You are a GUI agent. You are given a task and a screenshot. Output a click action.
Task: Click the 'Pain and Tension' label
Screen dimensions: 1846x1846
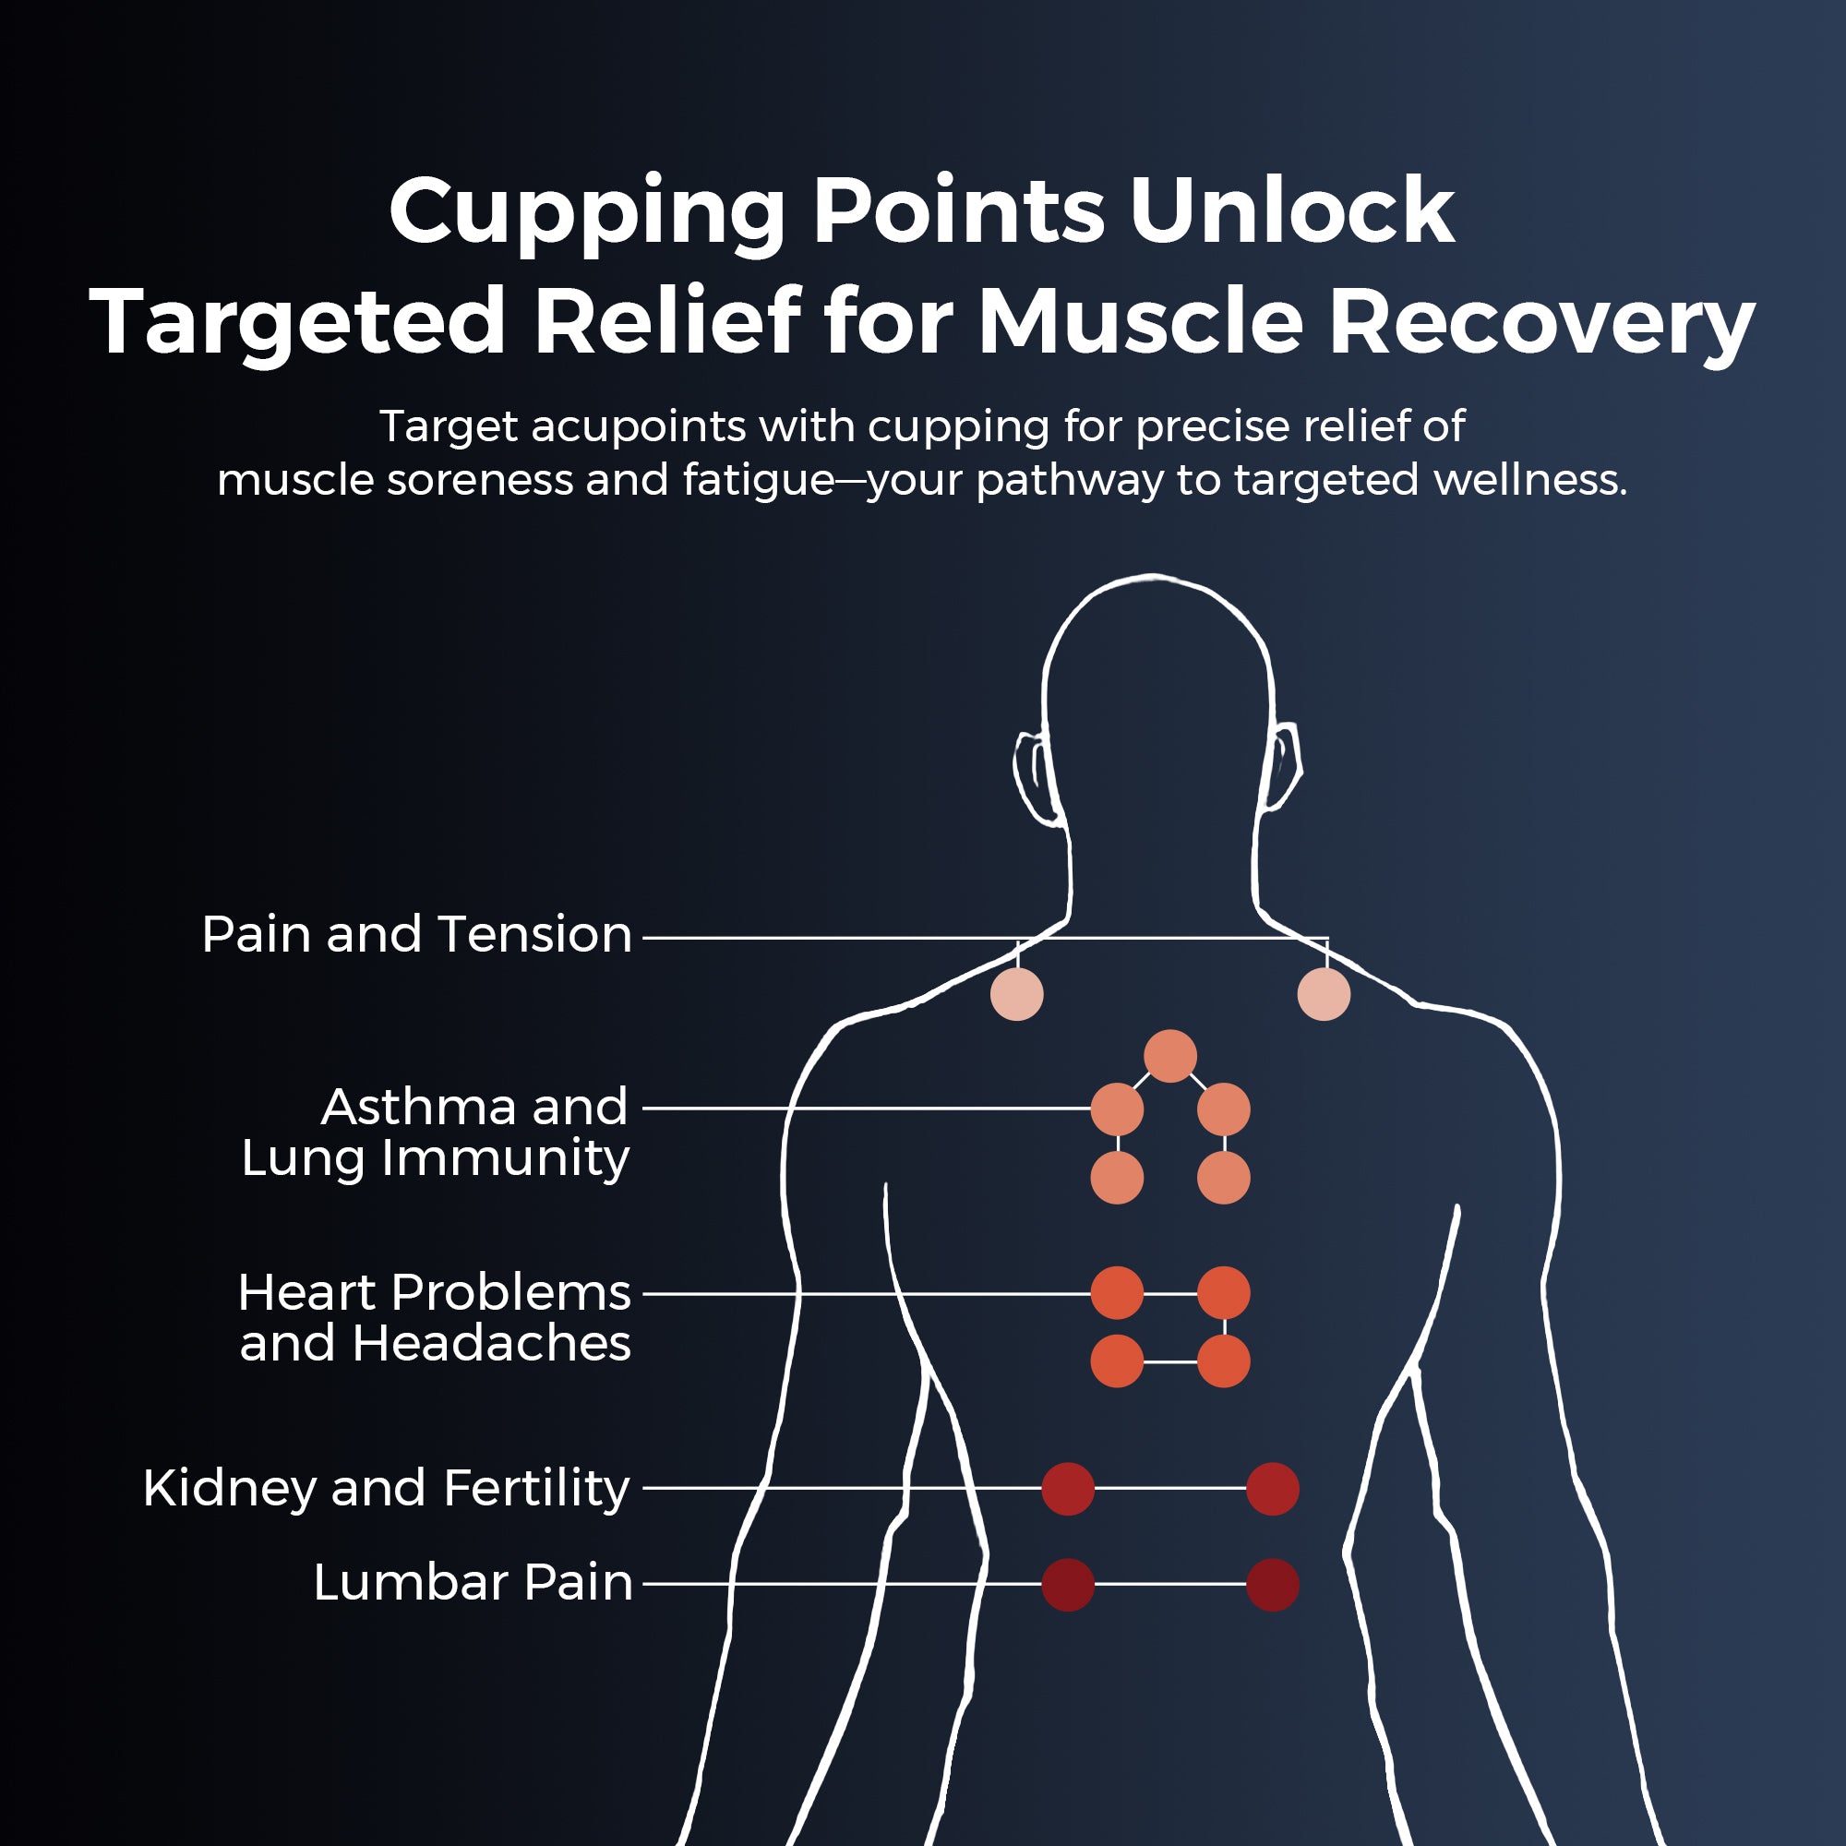[416, 934]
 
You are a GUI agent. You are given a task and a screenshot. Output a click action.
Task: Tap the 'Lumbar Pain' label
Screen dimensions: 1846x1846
[473, 1583]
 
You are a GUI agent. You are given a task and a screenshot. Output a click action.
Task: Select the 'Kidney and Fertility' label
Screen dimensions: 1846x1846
[386, 1489]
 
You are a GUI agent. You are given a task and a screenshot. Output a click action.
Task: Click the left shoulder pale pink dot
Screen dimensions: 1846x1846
[1016, 994]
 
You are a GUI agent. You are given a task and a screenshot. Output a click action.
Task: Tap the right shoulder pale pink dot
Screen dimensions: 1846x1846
[1324, 994]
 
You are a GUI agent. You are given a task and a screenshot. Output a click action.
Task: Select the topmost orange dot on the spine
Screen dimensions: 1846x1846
[1170, 1057]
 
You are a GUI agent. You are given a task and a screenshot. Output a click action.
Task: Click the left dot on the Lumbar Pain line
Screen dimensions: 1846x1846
[1067, 1584]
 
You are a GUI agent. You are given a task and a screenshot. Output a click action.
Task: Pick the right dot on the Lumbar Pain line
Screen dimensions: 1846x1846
[1273, 1584]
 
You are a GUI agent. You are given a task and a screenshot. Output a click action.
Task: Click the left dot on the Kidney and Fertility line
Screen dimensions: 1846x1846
[1067, 1489]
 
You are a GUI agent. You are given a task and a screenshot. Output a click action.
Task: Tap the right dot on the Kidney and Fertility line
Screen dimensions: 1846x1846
[1273, 1489]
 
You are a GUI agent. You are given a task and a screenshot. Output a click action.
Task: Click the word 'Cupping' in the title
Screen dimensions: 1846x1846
[587, 212]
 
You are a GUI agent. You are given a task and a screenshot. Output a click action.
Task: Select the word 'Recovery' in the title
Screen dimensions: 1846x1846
[1541, 323]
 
